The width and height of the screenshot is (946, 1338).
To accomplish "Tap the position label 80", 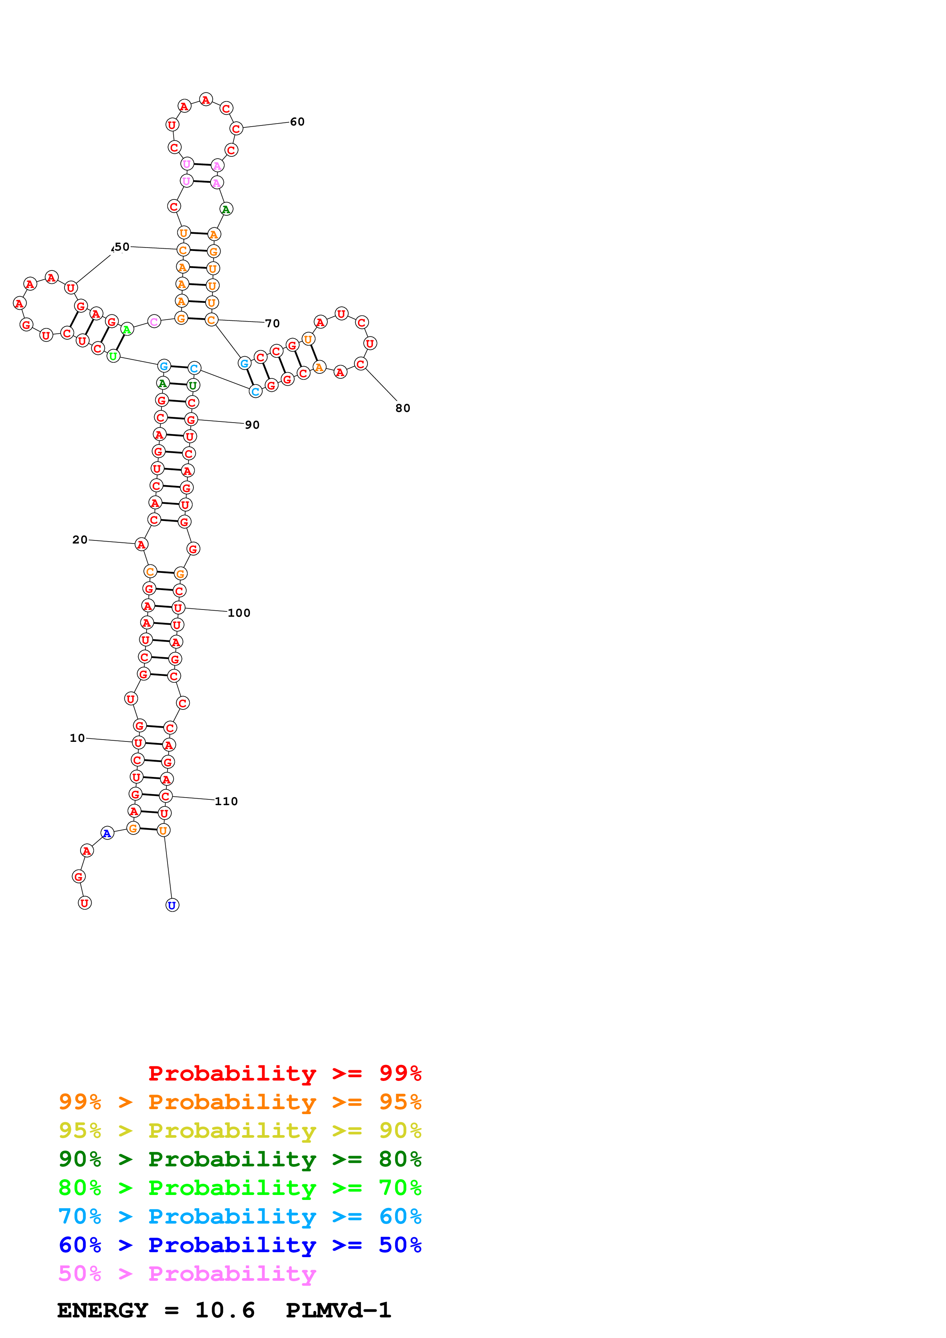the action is click(x=403, y=408).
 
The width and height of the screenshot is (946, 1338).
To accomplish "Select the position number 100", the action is click(x=239, y=613).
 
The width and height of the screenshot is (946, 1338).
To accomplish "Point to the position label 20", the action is click(x=80, y=540).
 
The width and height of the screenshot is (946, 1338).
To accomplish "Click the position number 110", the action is click(x=226, y=801).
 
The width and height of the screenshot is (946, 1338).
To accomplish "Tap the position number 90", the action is click(x=252, y=425).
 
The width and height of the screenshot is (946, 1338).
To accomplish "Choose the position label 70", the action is click(x=272, y=323).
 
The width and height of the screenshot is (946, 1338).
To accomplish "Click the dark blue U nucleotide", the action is click(x=172, y=905).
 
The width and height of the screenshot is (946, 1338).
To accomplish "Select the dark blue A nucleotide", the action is click(x=107, y=833).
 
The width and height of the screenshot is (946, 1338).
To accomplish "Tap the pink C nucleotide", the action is click(x=154, y=322).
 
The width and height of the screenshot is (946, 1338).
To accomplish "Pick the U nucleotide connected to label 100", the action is click(x=178, y=608).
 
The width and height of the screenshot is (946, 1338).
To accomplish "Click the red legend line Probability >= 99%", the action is click(x=284, y=1073).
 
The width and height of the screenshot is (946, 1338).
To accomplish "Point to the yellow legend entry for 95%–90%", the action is click(x=240, y=1131).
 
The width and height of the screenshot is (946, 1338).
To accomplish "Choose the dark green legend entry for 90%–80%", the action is click(x=240, y=1159).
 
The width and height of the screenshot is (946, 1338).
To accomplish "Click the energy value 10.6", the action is click(x=225, y=1311).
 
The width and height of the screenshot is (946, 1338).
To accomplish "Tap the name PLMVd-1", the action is click(x=338, y=1311).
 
